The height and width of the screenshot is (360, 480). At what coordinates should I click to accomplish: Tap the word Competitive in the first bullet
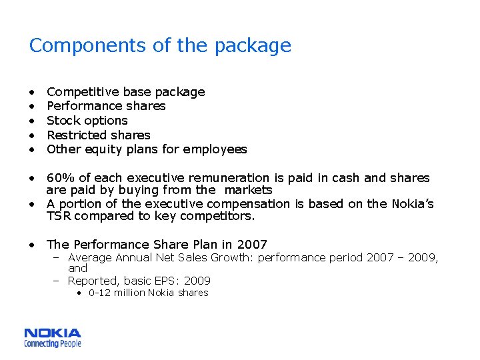pyautogui.click(x=79, y=91)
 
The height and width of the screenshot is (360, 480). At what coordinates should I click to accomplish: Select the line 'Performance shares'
pyautogui.click(x=106, y=106)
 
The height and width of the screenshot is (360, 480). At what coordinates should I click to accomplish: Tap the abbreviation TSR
pyautogui.click(x=59, y=216)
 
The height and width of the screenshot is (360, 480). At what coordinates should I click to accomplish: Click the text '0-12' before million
pyautogui.click(x=100, y=293)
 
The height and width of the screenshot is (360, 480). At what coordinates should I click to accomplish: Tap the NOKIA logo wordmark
pyautogui.click(x=53, y=333)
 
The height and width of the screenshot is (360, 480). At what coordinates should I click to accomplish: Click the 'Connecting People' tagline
pyautogui.click(x=53, y=343)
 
